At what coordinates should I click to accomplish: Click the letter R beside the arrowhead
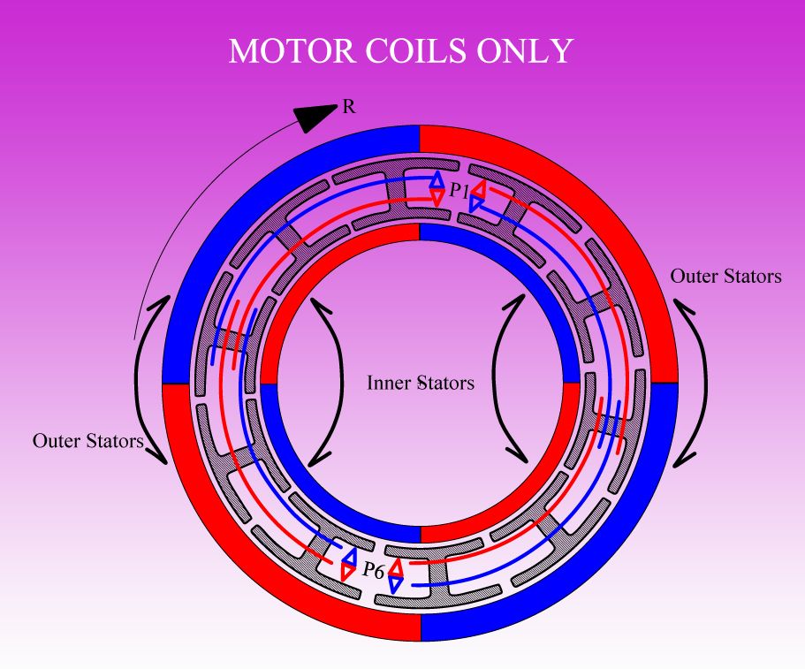[x=348, y=109]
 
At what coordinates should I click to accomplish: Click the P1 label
[x=459, y=189]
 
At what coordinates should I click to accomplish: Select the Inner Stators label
[x=421, y=384]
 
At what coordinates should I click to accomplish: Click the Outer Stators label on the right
[x=725, y=276]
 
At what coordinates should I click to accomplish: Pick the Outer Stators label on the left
[x=87, y=439]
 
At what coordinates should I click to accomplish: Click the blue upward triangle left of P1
[x=437, y=179]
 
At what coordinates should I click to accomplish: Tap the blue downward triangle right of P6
[x=396, y=584]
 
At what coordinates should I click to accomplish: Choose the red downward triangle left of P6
[x=348, y=573]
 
